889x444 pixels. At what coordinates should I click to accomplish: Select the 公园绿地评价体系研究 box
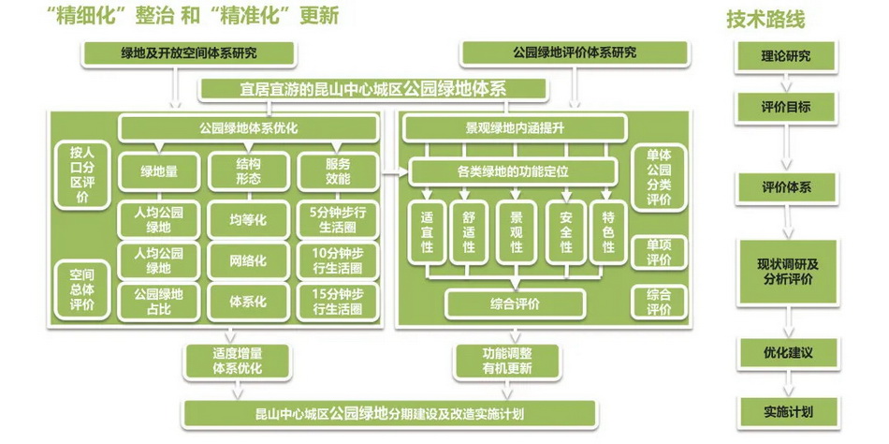(x=575, y=53)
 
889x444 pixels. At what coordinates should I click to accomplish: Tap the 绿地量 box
(x=159, y=170)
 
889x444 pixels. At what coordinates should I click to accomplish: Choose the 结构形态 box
(x=247, y=170)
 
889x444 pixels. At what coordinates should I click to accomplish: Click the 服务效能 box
(x=338, y=170)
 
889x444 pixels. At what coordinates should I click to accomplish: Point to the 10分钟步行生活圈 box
(x=338, y=260)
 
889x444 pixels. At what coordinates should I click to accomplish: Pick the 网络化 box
(x=247, y=260)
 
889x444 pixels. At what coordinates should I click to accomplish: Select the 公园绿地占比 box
(x=159, y=301)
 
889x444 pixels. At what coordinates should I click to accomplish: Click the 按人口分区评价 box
(x=80, y=173)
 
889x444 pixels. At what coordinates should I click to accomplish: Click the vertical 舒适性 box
(x=468, y=230)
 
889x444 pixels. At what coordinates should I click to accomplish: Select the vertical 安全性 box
(x=565, y=230)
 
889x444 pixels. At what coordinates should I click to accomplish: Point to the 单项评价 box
(x=659, y=252)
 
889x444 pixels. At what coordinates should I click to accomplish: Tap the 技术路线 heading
(x=765, y=20)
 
